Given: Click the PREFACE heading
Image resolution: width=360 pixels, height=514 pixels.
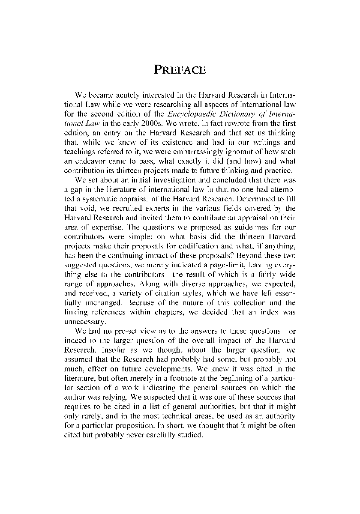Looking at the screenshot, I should (180, 70).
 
